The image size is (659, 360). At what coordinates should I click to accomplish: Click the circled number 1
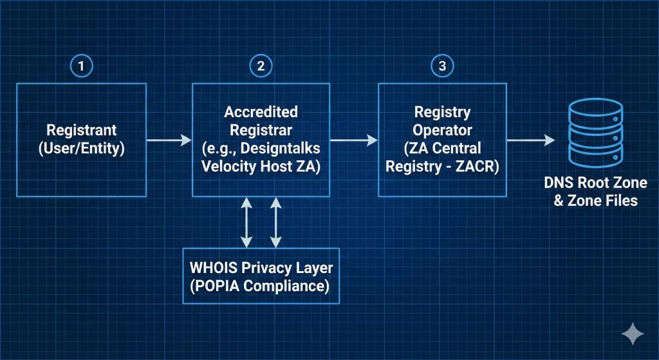tap(80, 66)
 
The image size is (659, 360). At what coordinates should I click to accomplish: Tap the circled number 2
tap(261, 66)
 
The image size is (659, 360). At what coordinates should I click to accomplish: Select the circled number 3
tap(441, 66)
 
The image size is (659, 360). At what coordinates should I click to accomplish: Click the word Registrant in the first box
tap(81, 131)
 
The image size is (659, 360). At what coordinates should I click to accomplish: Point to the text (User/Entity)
tap(81, 148)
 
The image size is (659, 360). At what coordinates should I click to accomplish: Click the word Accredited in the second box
tap(261, 112)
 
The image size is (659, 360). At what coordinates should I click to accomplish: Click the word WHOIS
tap(214, 267)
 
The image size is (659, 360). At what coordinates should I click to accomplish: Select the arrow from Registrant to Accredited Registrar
tap(169, 140)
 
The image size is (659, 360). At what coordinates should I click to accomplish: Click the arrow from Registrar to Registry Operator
tap(353, 140)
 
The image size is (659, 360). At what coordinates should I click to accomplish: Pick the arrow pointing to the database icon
tap(530, 140)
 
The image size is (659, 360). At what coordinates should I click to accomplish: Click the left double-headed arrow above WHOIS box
tap(246, 222)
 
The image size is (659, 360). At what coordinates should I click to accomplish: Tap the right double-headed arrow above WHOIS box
tap(275, 222)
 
